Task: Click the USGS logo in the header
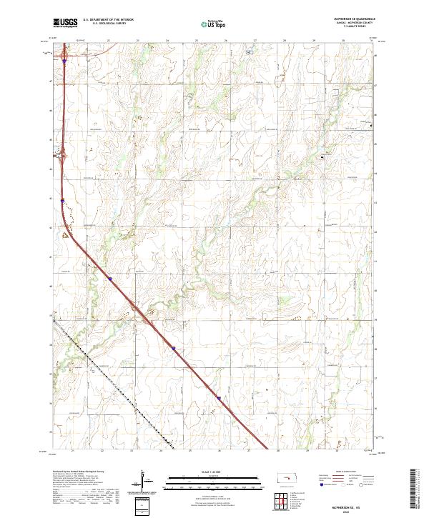tap(65, 23)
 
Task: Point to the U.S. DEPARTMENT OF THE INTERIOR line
tap(108, 20)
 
